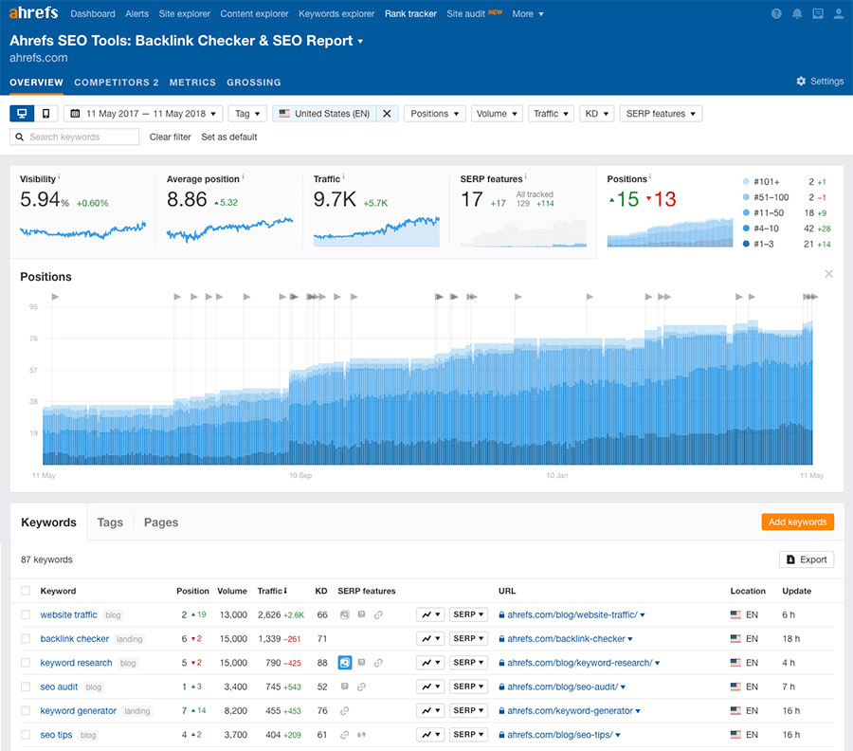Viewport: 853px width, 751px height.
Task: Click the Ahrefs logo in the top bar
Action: (x=33, y=13)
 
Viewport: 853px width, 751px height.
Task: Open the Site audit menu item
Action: (x=466, y=14)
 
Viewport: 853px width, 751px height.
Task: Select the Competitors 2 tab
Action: (x=117, y=82)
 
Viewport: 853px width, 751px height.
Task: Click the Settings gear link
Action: (x=820, y=82)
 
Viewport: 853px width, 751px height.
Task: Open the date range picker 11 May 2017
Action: (x=143, y=114)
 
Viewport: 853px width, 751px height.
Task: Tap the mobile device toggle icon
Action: (x=45, y=114)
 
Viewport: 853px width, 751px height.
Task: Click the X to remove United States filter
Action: (x=387, y=114)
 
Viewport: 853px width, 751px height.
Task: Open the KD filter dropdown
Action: (x=596, y=114)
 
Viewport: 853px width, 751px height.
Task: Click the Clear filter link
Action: (x=170, y=137)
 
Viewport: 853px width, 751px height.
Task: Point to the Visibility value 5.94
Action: (x=41, y=200)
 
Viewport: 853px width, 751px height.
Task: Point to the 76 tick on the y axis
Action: (x=33, y=339)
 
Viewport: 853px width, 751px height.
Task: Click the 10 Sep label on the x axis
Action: (x=300, y=475)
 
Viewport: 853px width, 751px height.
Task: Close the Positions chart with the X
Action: (x=828, y=274)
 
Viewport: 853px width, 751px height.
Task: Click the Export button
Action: (x=807, y=559)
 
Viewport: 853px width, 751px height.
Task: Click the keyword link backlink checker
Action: (x=75, y=639)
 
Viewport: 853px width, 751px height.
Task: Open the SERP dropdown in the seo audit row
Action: (x=468, y=687)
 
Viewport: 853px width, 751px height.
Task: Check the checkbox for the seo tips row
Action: (x=27, y=735)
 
